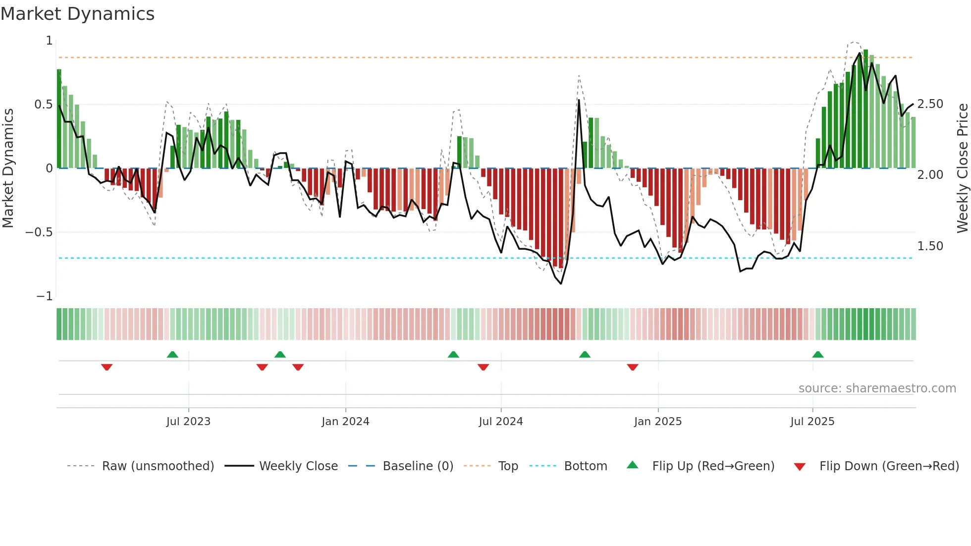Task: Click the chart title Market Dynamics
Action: tap(77, 14)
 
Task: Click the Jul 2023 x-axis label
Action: tap(188, 422)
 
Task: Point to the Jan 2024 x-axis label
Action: tap(345, 422)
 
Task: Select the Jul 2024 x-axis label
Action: tap(500, 422)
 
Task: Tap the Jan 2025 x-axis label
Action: tap(657, 422)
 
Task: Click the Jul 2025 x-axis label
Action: tap(812, 422)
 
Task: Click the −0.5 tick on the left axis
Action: tap(39, 232)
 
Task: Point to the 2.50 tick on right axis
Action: tap(930, 104)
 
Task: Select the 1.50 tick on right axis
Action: tap(930, 246)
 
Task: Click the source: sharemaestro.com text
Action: tap(877, 388)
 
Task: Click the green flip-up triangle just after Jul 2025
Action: tap(818, 355)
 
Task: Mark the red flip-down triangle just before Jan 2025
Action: tap(633, 367)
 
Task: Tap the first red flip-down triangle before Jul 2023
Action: tap(107, 367)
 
